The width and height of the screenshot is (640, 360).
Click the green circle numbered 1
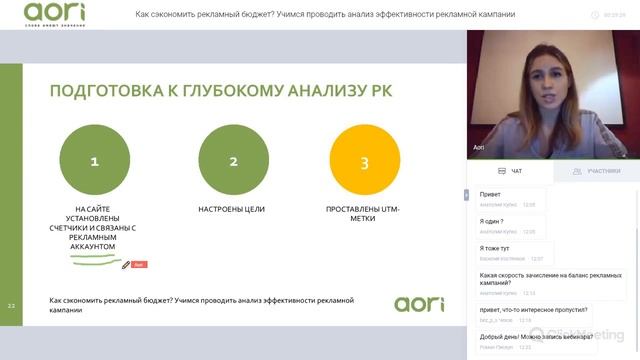[95, 161]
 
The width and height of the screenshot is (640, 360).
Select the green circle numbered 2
[233, 161]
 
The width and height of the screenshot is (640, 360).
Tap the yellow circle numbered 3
[364, 161]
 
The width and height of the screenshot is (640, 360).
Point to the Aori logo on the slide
[419, 303]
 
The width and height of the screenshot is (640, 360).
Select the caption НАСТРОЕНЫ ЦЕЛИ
[233, 209]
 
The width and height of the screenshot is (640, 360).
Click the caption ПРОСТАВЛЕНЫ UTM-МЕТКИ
[364, 213]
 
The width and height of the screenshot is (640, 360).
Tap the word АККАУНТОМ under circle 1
[95, 246]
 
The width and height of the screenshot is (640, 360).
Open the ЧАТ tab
[511, 171]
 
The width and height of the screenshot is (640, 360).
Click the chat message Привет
[491, 194]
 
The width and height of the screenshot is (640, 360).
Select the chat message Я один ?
[491, 221]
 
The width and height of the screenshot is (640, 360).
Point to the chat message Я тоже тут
[495, 247]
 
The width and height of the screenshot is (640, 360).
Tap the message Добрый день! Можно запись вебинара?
[528, 337]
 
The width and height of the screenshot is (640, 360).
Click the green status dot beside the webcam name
[626, 156]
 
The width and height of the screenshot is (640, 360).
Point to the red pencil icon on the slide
[126, 265]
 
